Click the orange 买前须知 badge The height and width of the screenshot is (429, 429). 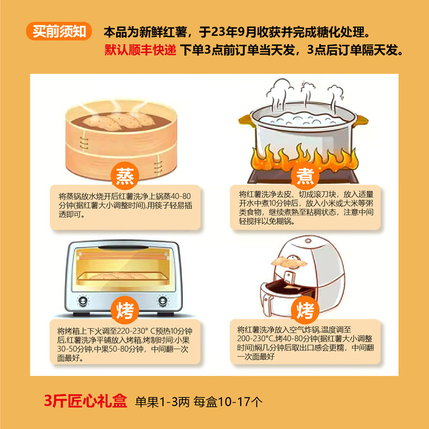59,32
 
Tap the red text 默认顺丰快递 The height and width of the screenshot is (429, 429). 140,50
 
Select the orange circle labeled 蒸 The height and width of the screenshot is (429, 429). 125,176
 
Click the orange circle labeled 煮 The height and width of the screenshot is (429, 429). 305,176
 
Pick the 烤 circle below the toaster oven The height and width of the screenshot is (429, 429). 125,310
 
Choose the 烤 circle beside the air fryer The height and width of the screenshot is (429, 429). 305,310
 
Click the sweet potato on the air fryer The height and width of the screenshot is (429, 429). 290,262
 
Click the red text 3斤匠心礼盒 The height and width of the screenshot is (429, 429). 86,401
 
